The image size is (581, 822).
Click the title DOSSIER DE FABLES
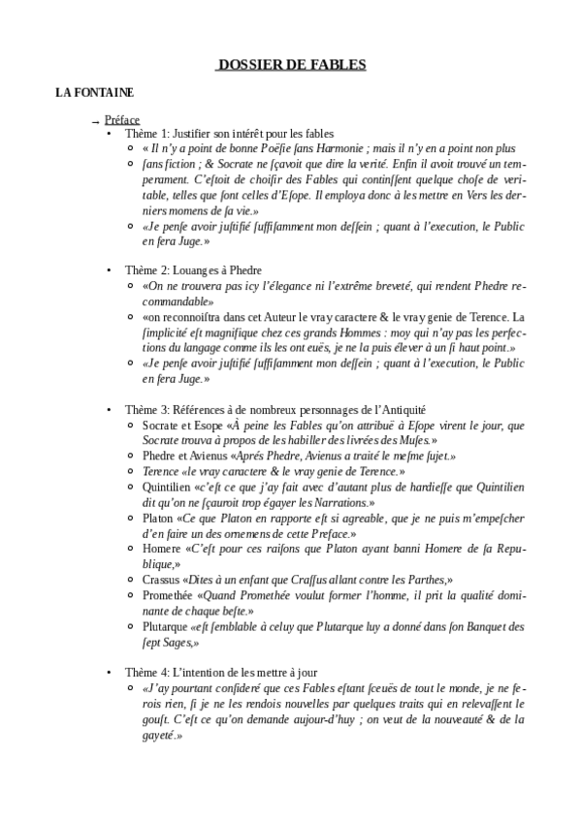pyautogui.click(x=290, y=66)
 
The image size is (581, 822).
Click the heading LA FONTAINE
pyautogui.click(x=94, y=92)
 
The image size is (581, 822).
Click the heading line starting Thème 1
pyautogui.click(x=229, y=133)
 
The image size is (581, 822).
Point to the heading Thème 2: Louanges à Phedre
pyautogui.click(x=193, y=269)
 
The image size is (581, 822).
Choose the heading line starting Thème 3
pyautogui.click(x=269, y=411)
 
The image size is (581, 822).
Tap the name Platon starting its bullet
pyautogui.click(x=157, y=519)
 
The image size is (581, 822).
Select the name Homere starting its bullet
pyautogui.click(x=159, y=548)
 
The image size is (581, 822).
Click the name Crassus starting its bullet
pyautogui.click(x=160, y=579)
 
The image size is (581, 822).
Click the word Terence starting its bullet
pyautogui.click(x=160, y=470)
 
